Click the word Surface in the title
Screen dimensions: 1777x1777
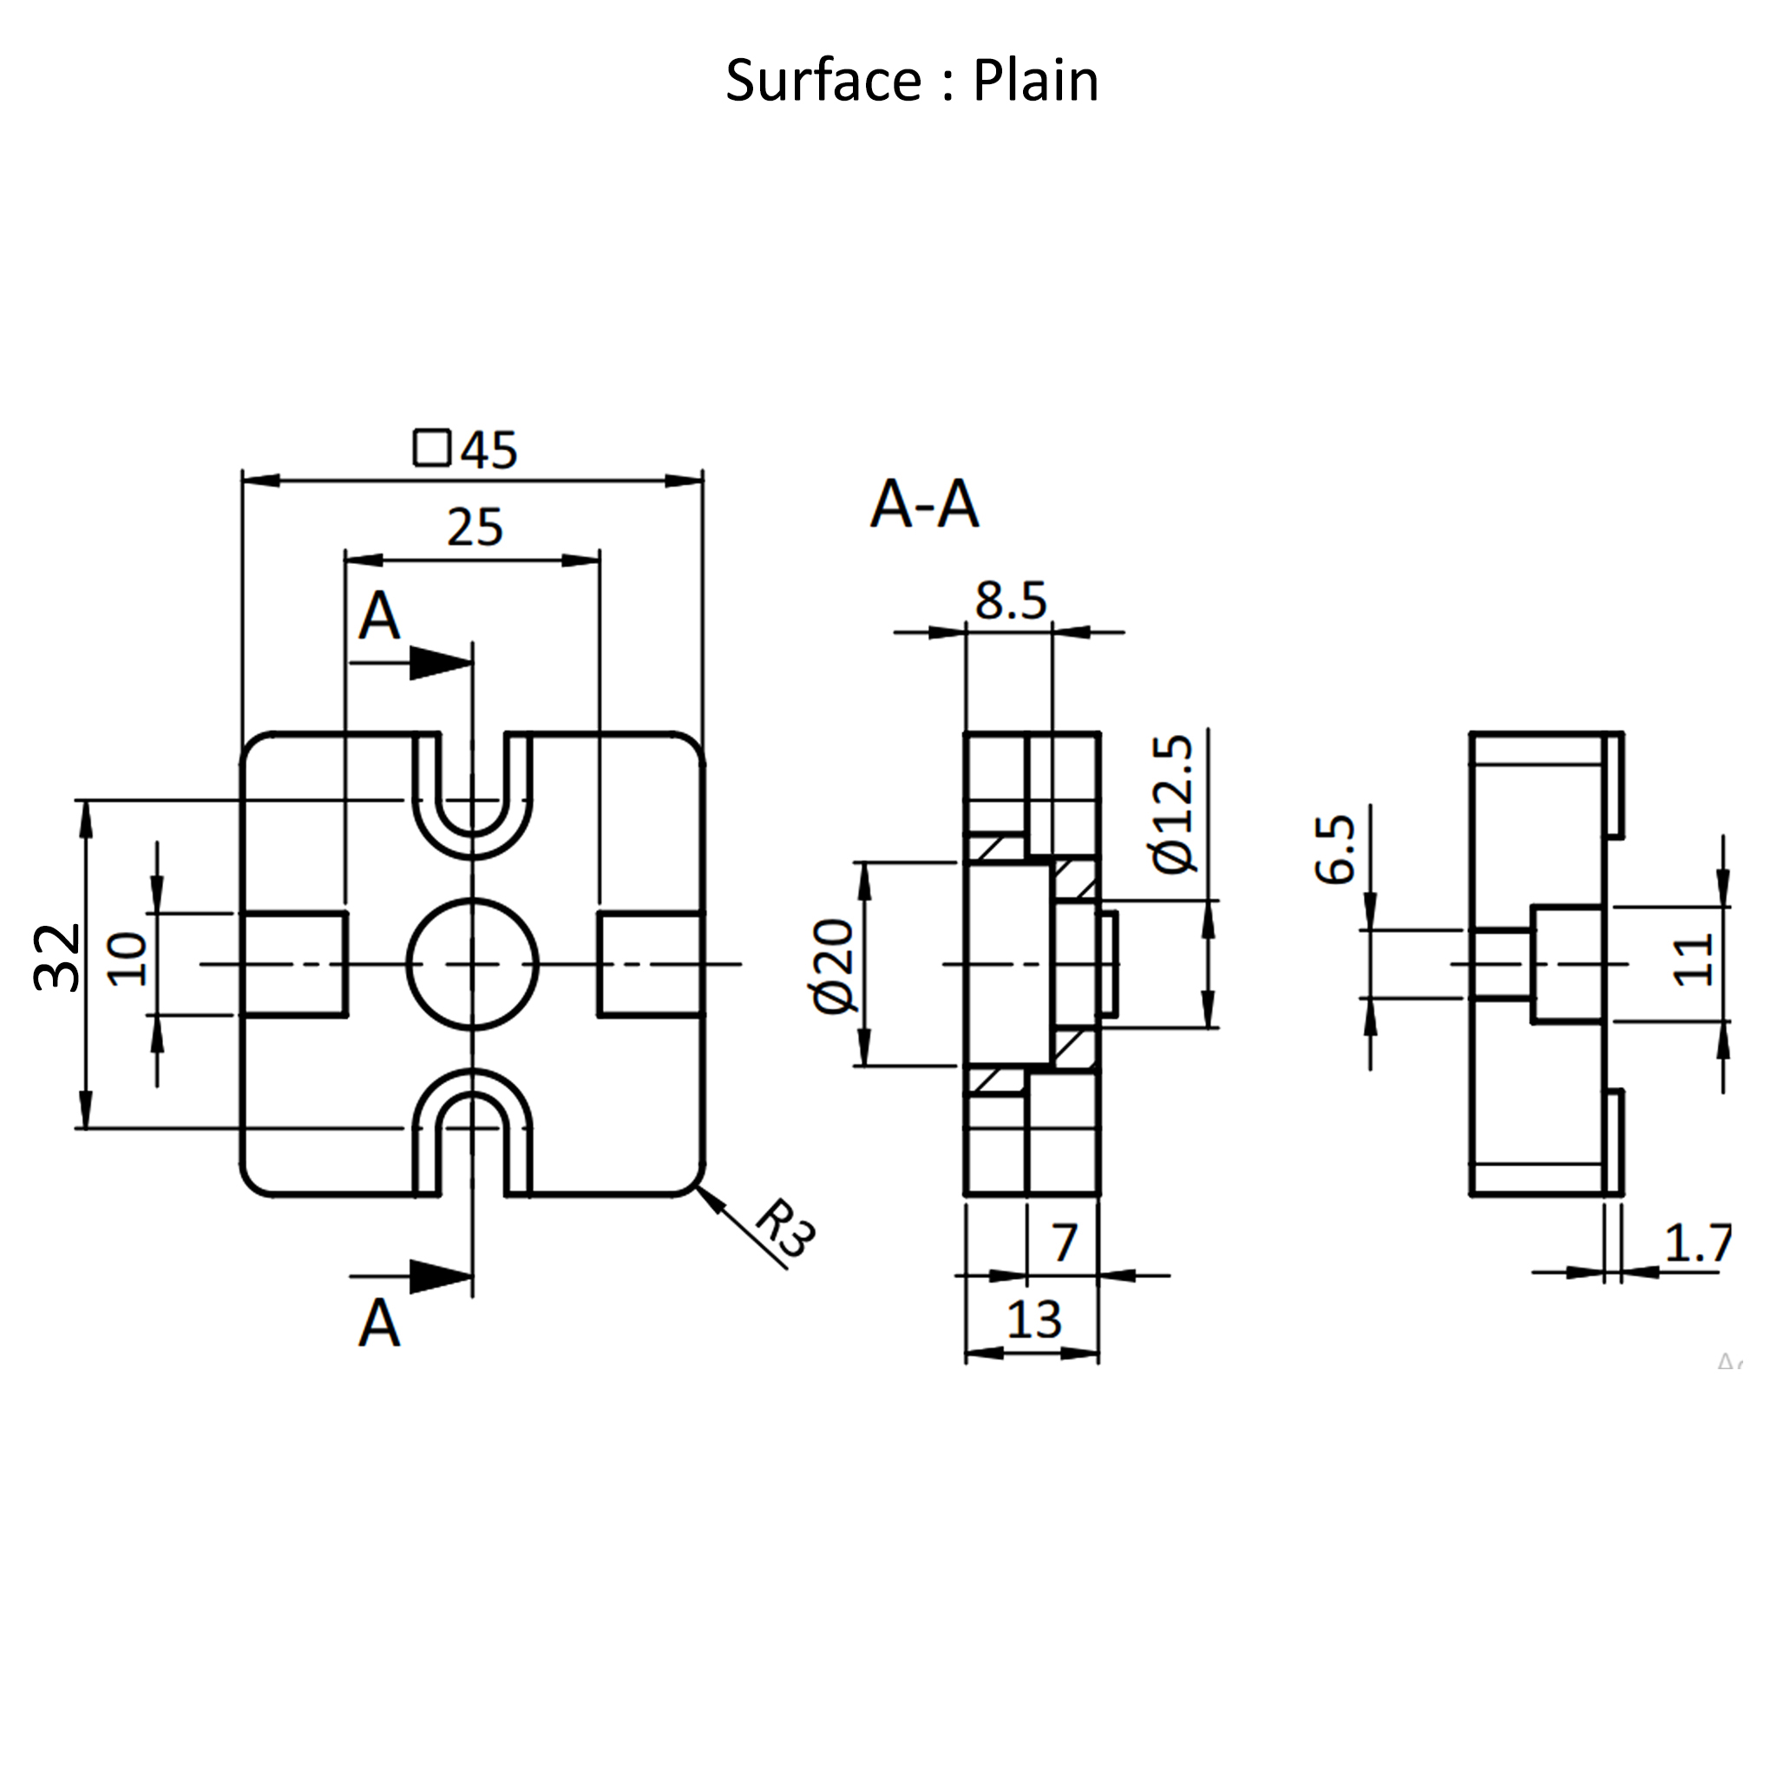(x=823, y=81)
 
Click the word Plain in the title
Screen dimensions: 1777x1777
(x=1035, y=81)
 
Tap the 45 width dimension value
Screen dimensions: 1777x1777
(x=489, y=450)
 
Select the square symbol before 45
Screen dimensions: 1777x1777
(x=431, y=448)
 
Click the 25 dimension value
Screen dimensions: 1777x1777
(x=475, y=528)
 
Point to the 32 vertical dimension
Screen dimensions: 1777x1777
(x=57, y=958)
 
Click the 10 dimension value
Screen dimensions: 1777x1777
(x=128, y=960)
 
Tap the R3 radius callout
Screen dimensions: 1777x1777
(x=784, y=1227)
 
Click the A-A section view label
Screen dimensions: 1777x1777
(x=924, y=505)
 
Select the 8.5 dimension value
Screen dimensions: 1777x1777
(x=1011, y=601)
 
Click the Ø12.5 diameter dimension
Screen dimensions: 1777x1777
(x=1175, y=803)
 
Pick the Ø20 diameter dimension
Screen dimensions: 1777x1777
(x=834, y=966)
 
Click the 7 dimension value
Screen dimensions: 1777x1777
(x=1064, y=1243)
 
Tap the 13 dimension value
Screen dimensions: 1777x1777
(x=1033, y=1320)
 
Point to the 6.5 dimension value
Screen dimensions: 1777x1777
(x=1334, y=849)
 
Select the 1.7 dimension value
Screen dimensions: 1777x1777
(x=1698, y=1244)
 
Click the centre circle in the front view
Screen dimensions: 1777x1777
(x=472, y=964)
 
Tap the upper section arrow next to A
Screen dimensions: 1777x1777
(x=440, y=662)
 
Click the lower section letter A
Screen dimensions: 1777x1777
(x=379, y=1323)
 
